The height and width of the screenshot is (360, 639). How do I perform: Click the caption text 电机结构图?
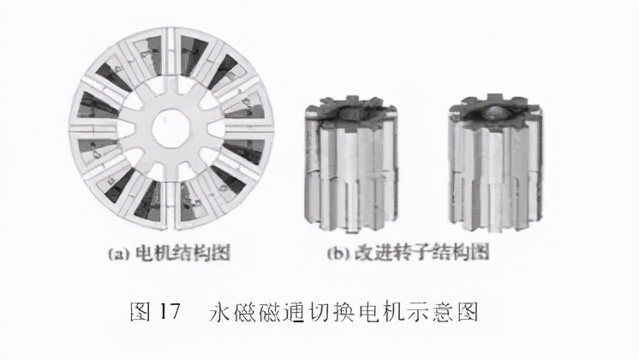pyautogui.click(x=176, y=255)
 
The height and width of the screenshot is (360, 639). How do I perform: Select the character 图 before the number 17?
pyautogui.click(x=138, y=310)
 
